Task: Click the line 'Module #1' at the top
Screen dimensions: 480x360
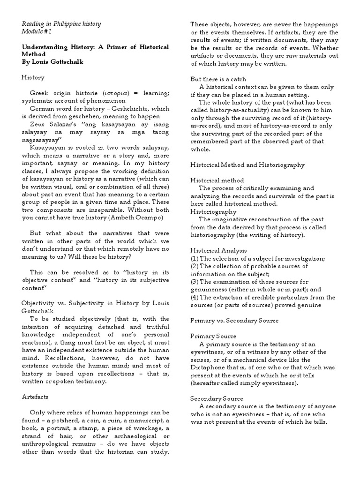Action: (x=37, y=31)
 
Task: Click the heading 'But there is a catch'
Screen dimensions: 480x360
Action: (x=218, y=79)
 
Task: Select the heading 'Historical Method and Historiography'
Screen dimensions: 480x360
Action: (x=247, y=165)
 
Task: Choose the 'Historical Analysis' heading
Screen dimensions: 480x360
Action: (x=218, y=251)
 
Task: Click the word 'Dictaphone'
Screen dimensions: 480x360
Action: (x=210, y=367)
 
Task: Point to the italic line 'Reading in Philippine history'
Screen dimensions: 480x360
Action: (x=61, y=23)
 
